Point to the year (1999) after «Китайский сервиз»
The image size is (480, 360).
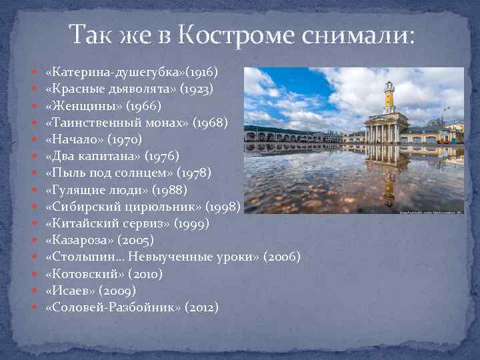click(x=191, y=223)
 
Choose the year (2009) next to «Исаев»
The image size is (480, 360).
click(x=120, y=291)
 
